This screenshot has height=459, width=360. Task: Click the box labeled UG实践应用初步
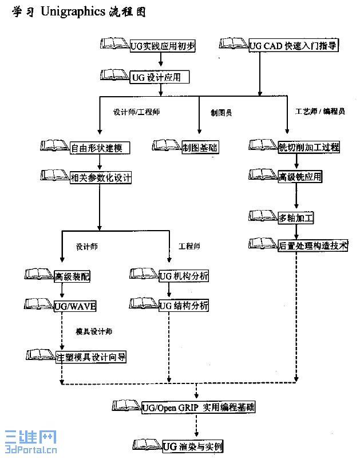click(163, 46)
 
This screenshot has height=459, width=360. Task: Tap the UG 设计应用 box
click(159, 77)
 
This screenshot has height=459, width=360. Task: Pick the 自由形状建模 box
click(100, 148)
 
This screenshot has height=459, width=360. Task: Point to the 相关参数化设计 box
click(100, 177)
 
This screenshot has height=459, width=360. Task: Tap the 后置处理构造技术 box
click(312, 246)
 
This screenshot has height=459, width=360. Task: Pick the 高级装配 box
click(73, 277)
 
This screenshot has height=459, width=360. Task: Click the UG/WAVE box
click(74, 306)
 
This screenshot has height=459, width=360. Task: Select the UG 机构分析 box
click(183, 276)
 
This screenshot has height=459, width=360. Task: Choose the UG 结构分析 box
click(183, 306)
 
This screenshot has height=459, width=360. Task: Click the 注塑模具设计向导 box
click(90, 357)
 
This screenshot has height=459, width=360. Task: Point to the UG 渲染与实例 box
click(192, 446)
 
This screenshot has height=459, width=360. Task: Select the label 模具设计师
click(94, 332)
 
